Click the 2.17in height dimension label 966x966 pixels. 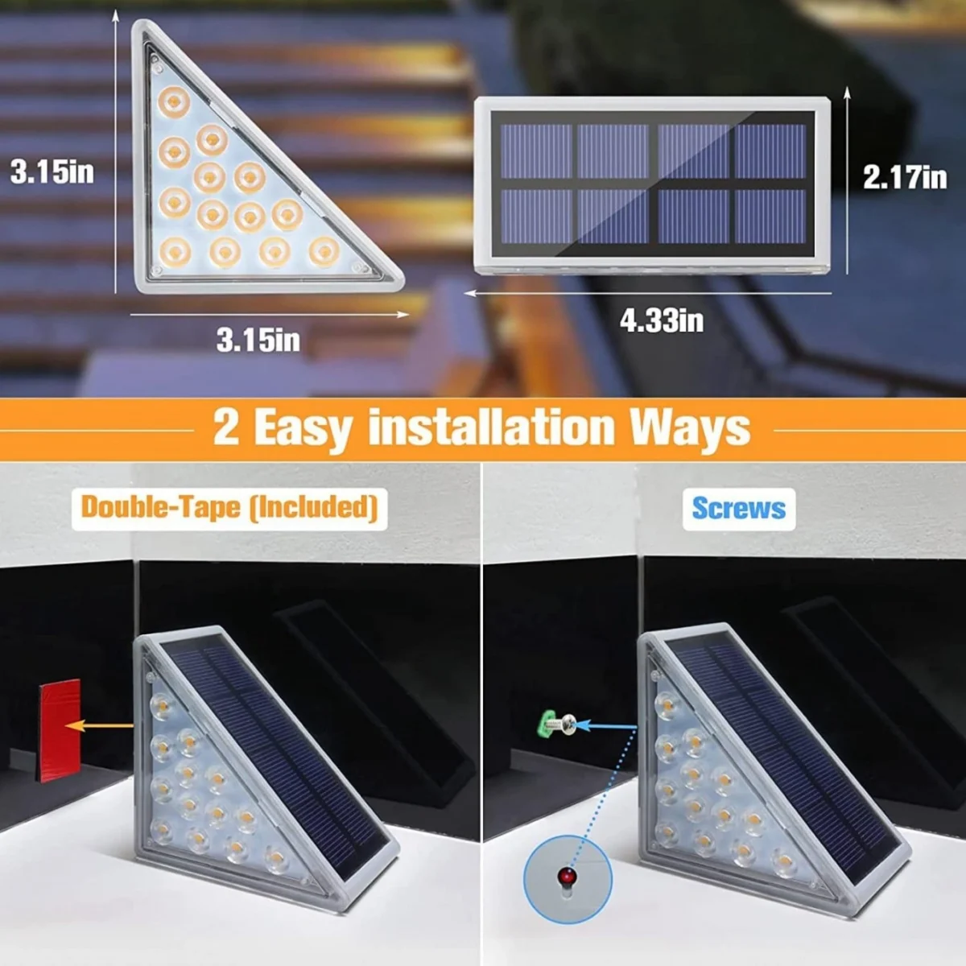905,177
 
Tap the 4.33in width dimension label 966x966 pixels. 662,320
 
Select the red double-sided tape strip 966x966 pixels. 60,730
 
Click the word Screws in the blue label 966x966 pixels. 739,509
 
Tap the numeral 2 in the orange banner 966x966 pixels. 226,427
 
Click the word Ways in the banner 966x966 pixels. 690,427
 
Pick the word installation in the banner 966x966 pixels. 492,427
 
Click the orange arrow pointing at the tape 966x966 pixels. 99,726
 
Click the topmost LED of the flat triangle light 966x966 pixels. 174,101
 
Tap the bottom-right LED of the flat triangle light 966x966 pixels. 324,252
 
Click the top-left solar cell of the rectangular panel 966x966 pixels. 536,151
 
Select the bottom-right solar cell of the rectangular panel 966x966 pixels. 770,217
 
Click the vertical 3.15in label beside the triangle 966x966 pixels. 52,172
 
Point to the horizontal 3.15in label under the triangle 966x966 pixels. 258,340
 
